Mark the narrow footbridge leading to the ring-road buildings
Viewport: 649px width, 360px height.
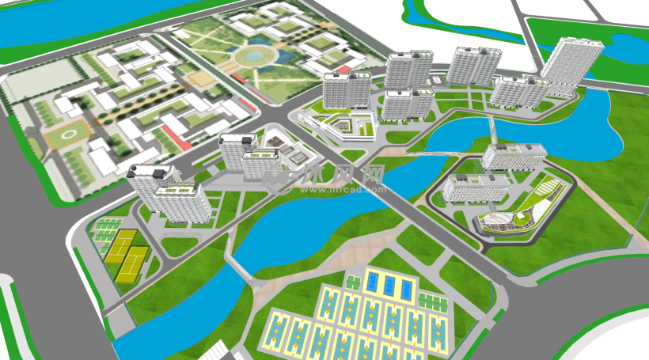point(491,131)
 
